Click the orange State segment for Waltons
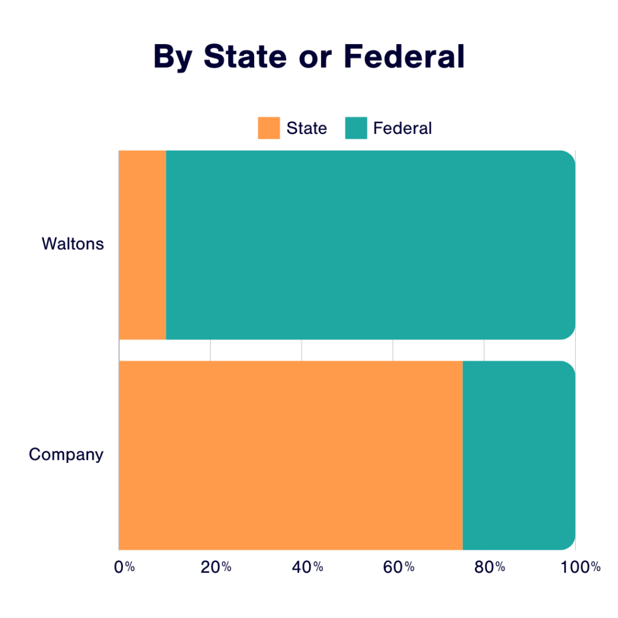tap(142, 244)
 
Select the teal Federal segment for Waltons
tap(370, 244)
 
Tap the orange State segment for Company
tap(290, 455)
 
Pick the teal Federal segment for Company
tap(518, 455)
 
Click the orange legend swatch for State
tap(269, 128)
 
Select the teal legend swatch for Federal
tap(356, 128)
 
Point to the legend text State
tap(307, 129)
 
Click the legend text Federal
tap(403, 129)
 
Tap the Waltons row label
tap(73, 244)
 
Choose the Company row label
tap(66, 454)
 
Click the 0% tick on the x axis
tap(124, 567)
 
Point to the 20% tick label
tap(216, 567)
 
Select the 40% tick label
tap(308, 567)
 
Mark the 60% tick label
tap(399, 567)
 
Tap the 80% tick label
tap(489, 567)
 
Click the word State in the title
tap(245, 57)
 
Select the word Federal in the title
tap(404, 57)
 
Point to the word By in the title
tap(173, 58)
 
